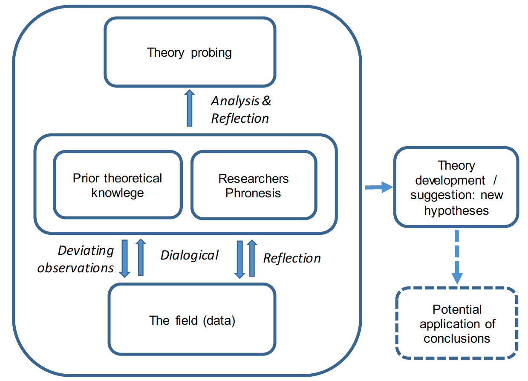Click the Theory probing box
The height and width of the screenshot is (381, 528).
tap(190, 52)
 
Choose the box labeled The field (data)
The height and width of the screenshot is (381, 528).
tap(192, 320)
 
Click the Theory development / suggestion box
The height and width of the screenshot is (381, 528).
tap(456, 188)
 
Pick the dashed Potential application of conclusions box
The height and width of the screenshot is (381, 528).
tap(457, 323)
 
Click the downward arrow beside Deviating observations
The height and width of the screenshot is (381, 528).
tap(125, 258)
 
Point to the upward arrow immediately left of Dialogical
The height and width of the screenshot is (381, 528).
tap(140, 257)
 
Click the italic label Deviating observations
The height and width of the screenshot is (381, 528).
tap(76, 259)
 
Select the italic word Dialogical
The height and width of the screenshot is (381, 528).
tap(190, 255)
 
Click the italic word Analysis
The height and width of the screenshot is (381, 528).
tap(235, 101)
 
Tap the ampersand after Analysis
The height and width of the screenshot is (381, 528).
tap(266, 101)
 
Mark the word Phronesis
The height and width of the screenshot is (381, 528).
tap(253, 193)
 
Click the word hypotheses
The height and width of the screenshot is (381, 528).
tap(456, 211)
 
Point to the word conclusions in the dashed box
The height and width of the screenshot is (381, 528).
tap(457, 338)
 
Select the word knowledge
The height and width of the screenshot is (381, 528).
tap(118, 193)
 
